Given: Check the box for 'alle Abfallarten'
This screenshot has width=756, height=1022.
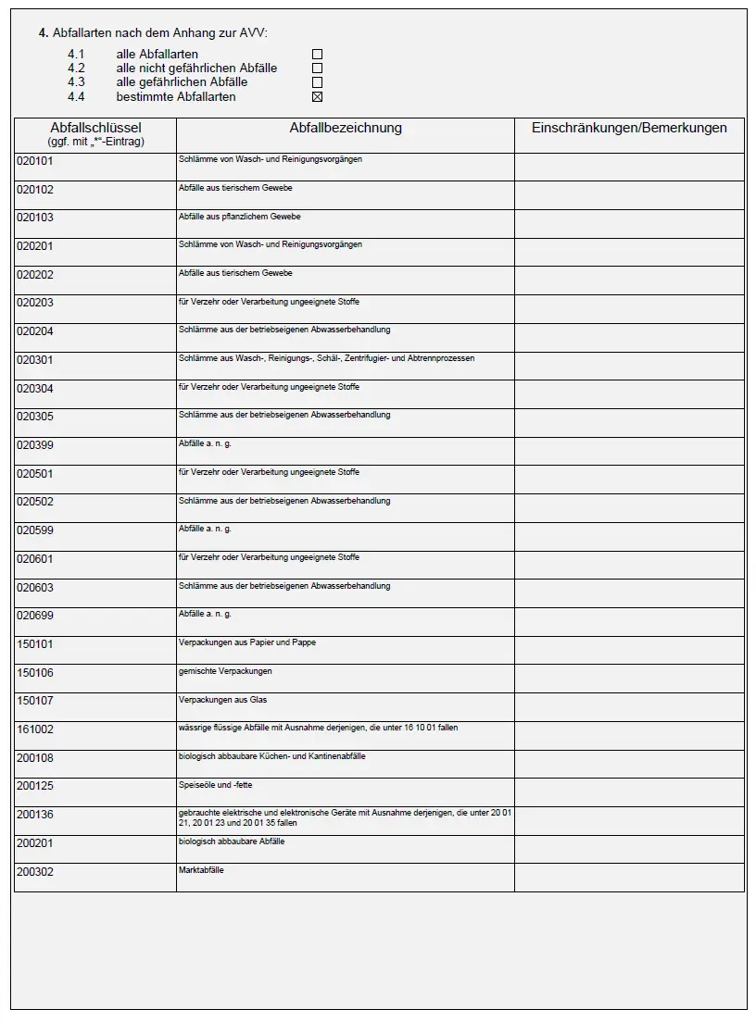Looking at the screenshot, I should coord(317,55).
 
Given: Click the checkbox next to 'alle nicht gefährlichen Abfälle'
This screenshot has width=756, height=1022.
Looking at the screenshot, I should coord(317,69).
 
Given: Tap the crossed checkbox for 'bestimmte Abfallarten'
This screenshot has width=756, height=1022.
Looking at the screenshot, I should coord(317,96).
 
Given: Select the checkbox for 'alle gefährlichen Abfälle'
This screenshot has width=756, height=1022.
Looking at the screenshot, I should coord(317,82).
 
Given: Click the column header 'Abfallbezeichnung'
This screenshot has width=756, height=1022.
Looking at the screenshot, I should coord(346,129).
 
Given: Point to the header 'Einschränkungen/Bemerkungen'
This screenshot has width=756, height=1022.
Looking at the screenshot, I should coord(629,129).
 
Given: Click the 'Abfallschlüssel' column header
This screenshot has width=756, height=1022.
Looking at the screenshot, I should coord(95,129).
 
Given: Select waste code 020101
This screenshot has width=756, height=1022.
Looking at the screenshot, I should coord(35,161).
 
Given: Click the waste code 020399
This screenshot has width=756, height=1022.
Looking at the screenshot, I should coord(35,445).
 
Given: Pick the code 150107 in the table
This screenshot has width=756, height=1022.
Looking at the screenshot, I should coord(35,702).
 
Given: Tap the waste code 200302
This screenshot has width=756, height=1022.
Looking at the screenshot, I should coord(35,872).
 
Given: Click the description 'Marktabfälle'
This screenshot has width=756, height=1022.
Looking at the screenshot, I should coord(201,870).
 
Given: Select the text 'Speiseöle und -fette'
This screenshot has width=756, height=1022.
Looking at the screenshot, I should coord(216,785).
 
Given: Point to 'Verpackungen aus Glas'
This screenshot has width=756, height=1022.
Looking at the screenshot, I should coord(222,700).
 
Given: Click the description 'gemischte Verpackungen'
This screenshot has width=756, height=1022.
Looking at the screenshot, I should coord(225,671).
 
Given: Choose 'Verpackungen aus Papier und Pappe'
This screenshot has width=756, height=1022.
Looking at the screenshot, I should coord(246,642).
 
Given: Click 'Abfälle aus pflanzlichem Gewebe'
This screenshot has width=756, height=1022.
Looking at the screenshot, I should coord(239,217).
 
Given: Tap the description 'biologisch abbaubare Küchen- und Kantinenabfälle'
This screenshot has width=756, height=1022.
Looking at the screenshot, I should coord(271,756).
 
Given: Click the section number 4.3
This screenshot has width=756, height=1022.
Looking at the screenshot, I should coord(76,82).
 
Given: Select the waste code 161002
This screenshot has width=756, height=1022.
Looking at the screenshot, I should coord(35,729).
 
